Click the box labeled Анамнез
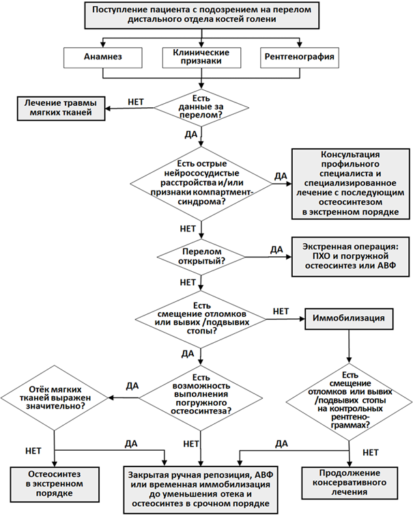[x=103, y=57]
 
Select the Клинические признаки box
[x=201, y=57]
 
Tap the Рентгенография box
[x=300, y=57]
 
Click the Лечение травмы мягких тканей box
[x=61, y=109]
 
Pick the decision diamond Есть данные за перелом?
[x=201, y=107]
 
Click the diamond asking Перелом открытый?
[x=201, y=257]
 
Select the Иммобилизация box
[x=349, y=318]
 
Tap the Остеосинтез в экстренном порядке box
[x=55, y=484]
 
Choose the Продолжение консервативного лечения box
[x=350, y=483]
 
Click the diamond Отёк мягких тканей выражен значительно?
[x=55, y=398]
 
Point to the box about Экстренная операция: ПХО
[x=350, y=257]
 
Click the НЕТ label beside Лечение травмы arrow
[x=136, y=102]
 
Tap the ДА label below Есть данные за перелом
[x=190, y=135]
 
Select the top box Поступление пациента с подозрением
[x=201, y=15]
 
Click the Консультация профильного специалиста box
[x=350, y=184]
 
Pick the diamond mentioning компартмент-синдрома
[x=201, y=183]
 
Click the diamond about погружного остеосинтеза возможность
[x=201, y=398]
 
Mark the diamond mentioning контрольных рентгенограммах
[x=349, y=402]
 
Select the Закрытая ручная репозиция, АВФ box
[x=201, y=490]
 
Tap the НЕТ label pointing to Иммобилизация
[x=281, y=311]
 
